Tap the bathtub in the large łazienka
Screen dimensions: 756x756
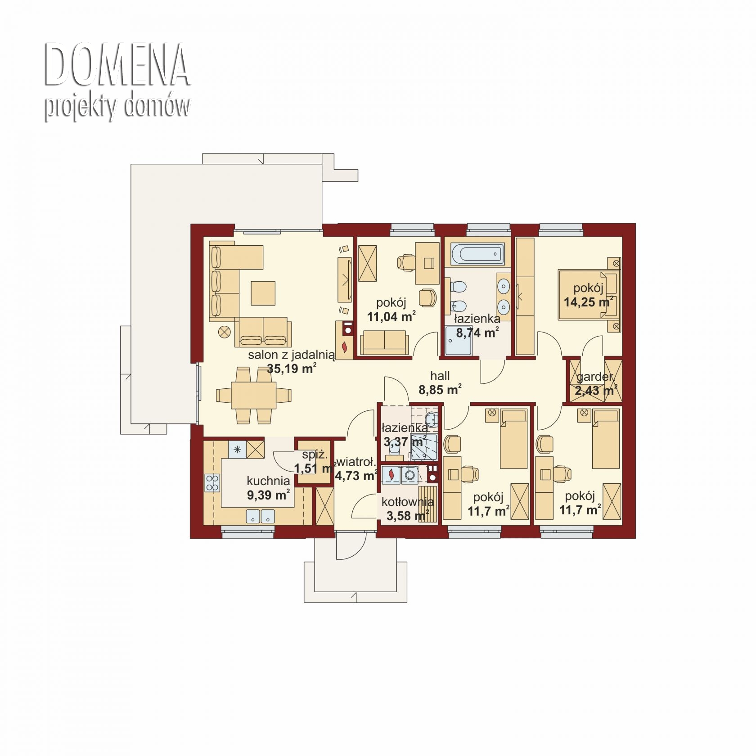pos(477,254)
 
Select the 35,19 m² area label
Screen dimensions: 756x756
pos(292,369)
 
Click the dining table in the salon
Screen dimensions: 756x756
pos(253,395)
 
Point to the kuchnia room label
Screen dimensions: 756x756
pos(268,481)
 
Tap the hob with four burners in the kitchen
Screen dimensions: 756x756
pos(212,483)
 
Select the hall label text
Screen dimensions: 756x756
pos(440,376)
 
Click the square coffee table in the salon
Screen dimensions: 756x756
pos(263,293)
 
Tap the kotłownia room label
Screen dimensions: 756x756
pos(408,502)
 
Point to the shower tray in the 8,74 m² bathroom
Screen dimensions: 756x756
pos(459,341)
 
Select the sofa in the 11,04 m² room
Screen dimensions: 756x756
pos(385,342)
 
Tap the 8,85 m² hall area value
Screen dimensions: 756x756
pos(440,389)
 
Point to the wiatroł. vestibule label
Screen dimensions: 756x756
pos(356,462)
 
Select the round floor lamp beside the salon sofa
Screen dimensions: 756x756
pos(224,333)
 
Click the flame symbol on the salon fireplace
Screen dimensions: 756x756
pos(345,346)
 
